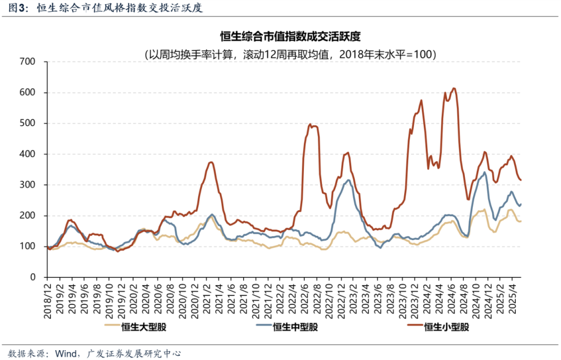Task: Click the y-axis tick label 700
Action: [26, 62]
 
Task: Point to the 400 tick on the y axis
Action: [26, 154]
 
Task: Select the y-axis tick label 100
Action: [26, 246]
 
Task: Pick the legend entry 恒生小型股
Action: [446, 327]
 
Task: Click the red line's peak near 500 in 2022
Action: [310, 124]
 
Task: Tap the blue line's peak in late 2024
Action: [485, 172]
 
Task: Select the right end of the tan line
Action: [521, 221]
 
